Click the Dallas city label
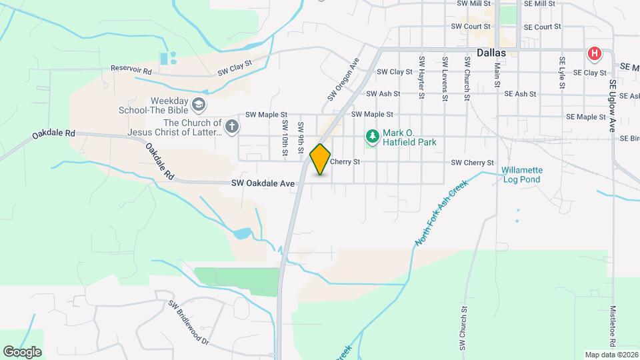491,53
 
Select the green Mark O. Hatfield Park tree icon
372,137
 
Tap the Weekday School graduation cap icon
198,105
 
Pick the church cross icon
231,127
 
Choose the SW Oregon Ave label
343,79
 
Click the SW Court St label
470,27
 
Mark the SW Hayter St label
422,77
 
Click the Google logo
22,351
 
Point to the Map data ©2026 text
611,355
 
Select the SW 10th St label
285,138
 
